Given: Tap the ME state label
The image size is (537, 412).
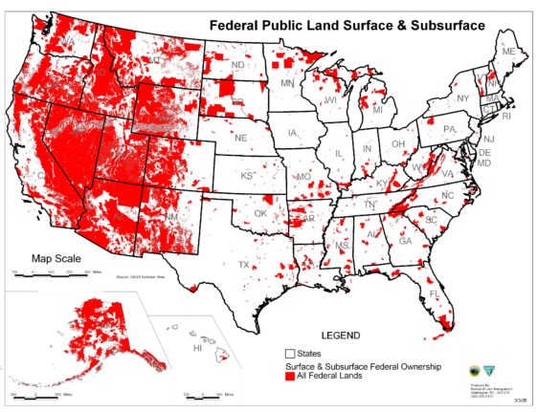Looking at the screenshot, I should coord(508,51).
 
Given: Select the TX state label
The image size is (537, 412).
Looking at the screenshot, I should coord(244,265).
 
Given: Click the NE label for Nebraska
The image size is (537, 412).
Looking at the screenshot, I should coord(241,138).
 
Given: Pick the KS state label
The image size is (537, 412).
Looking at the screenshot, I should coord(246,176).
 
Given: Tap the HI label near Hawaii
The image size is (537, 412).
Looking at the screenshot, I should coord(198,349).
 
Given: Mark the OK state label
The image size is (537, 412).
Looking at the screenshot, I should coord(259,214).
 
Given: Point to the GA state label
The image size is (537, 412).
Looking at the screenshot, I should coord(405,241).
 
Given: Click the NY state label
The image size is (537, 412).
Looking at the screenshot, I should coord(462,98).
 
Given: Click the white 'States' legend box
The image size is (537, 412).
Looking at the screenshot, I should coord(290,355).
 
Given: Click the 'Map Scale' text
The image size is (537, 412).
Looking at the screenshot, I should coord(56,258).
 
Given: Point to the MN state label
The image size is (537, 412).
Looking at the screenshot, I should coord(287,85).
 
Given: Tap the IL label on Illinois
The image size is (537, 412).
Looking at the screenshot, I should coord(336,153).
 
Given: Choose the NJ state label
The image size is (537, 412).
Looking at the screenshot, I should coord(488,139).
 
